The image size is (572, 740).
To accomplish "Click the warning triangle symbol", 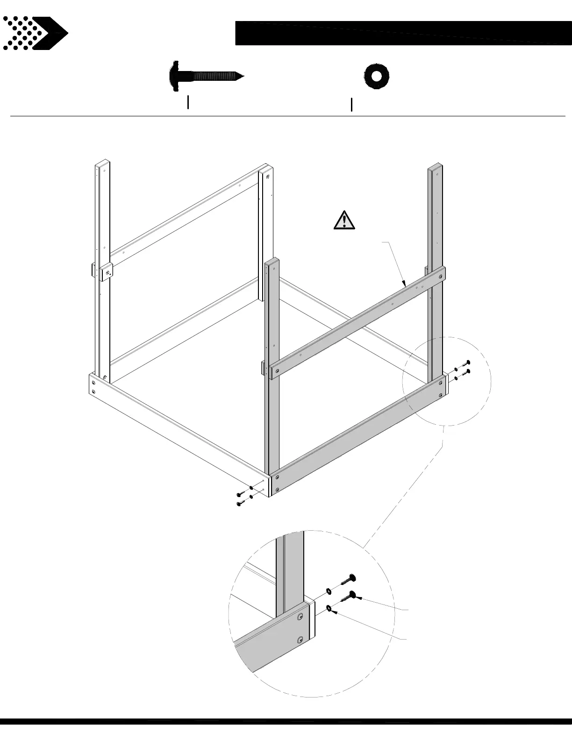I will (x=344, y=220).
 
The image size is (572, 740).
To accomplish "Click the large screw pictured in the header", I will (x=206, y=76).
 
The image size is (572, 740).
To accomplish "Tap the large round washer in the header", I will (x=377, y=76).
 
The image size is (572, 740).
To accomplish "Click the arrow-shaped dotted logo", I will (x=35, y=33).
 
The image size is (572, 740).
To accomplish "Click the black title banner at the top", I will (x=403, y=33).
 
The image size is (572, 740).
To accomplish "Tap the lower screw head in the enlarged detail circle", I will (x=353, y=594).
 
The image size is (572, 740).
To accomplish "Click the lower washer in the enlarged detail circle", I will (x=330, y=608).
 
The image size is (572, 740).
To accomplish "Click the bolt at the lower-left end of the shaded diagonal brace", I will (x=277, y=371).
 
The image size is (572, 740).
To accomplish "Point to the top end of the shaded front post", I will (x=272, y=261).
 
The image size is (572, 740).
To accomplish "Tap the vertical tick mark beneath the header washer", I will (x=351, y=105).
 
